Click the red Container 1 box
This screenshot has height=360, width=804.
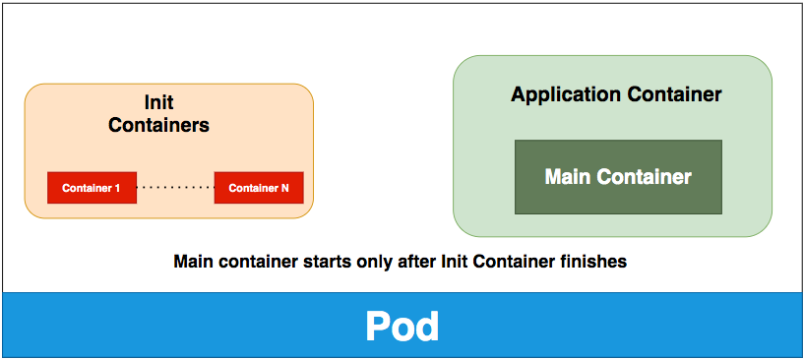click(92, 188)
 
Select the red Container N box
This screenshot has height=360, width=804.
click(259, 188)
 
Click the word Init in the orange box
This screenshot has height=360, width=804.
click(158, 102)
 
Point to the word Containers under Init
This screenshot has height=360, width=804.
click(158, 125)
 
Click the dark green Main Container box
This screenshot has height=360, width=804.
click(618, 177)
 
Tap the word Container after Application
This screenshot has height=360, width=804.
click(673, 95)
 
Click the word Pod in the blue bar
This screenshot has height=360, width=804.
click(402, 327)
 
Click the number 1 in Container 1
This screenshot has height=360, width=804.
click(117, 188)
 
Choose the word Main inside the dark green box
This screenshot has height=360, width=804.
click(568, 178)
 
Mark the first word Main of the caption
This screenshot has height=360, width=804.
click(194, 263)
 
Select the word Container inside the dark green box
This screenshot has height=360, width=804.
click(644, 178)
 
